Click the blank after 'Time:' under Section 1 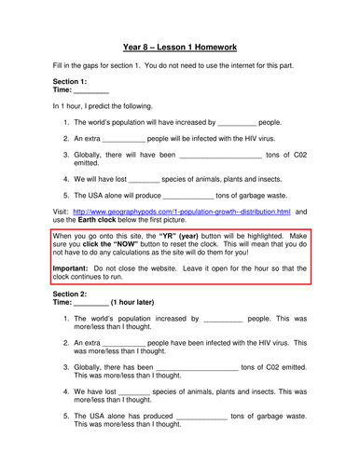(x=91, y=91)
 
